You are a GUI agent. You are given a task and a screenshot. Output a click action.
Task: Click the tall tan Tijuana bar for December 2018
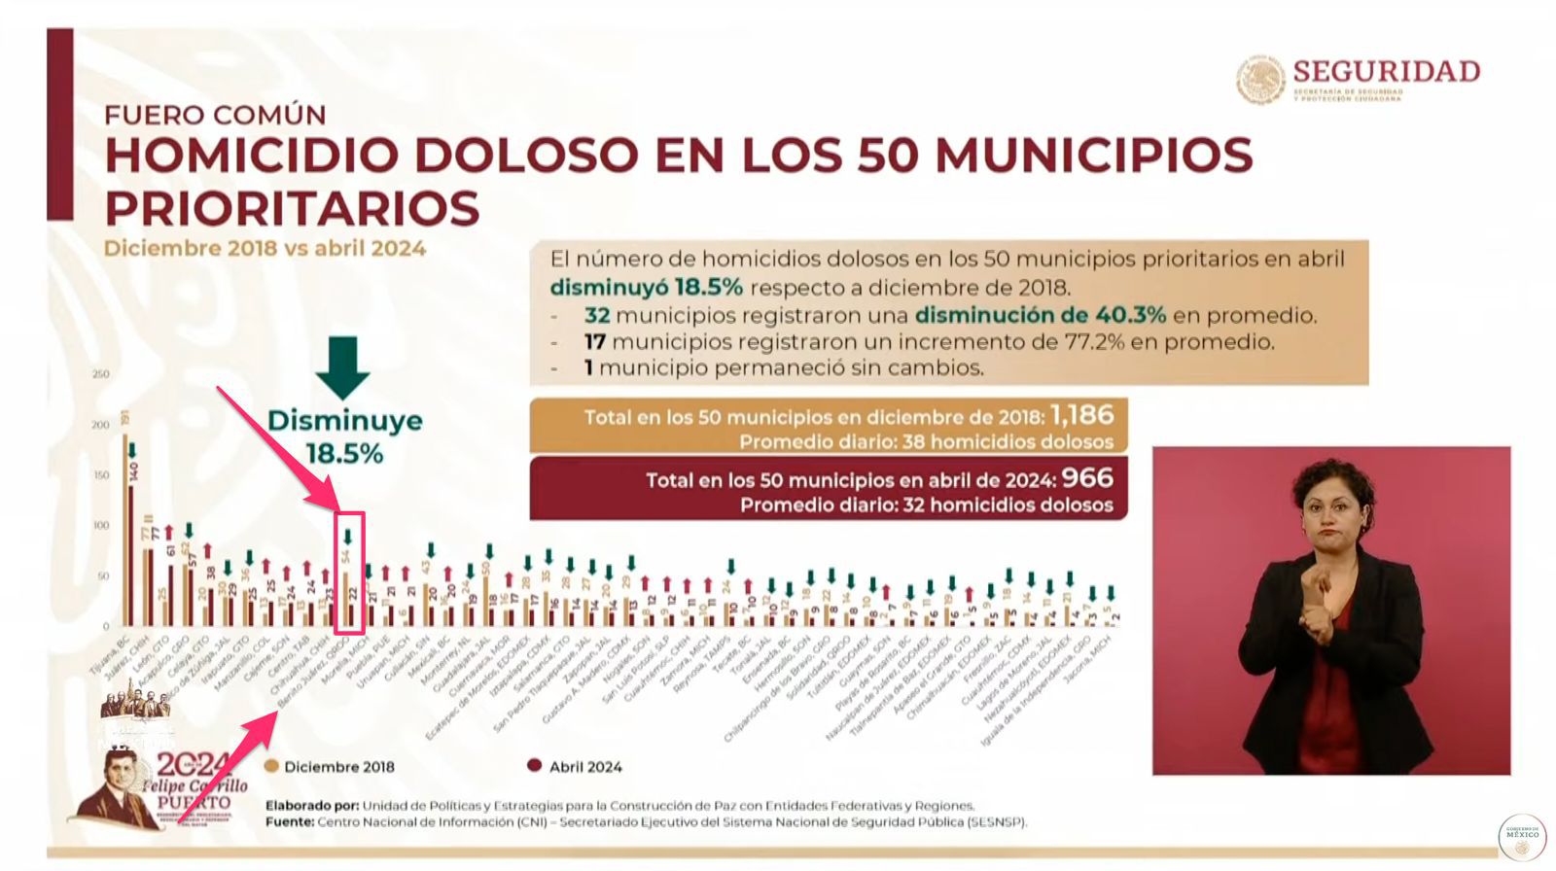click(x=125, y=530)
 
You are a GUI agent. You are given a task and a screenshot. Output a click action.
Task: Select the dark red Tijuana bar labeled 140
click(x=131, y=554)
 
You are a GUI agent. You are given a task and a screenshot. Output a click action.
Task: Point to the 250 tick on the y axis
click(x=100, y=374)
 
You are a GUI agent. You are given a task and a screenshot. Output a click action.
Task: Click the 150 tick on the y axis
click(x=100, y=475)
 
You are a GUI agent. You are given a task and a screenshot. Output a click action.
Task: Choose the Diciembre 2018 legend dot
click(x=271, y=766)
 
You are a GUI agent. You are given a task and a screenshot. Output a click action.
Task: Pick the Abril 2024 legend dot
click(x=534, y=766)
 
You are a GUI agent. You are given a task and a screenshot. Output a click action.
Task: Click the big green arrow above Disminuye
click(x=342, y=367)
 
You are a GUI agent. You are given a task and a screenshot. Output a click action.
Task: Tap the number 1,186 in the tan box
click(x=1081, y=416)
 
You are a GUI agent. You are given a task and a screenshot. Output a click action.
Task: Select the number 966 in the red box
click(x=1086, y=478)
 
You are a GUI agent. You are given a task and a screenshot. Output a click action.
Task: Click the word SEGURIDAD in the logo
click(x=1386, y=71)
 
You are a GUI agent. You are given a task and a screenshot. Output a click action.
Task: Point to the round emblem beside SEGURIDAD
click(x=1260, y=80)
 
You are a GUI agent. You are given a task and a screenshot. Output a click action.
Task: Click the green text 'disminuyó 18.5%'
click(x=646, y=288)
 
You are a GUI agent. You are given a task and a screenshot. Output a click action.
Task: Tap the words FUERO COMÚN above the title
click(x=215, y=115)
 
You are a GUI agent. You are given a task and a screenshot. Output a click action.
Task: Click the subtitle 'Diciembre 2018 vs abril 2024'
click(x=265, y=249)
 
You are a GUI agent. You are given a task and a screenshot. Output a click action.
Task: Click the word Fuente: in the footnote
click(x=289, y=822)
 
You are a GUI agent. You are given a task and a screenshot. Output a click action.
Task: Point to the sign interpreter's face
click(x=1332, y=510)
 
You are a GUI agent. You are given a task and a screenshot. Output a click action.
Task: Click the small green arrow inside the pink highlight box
click(x=347, y=536)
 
